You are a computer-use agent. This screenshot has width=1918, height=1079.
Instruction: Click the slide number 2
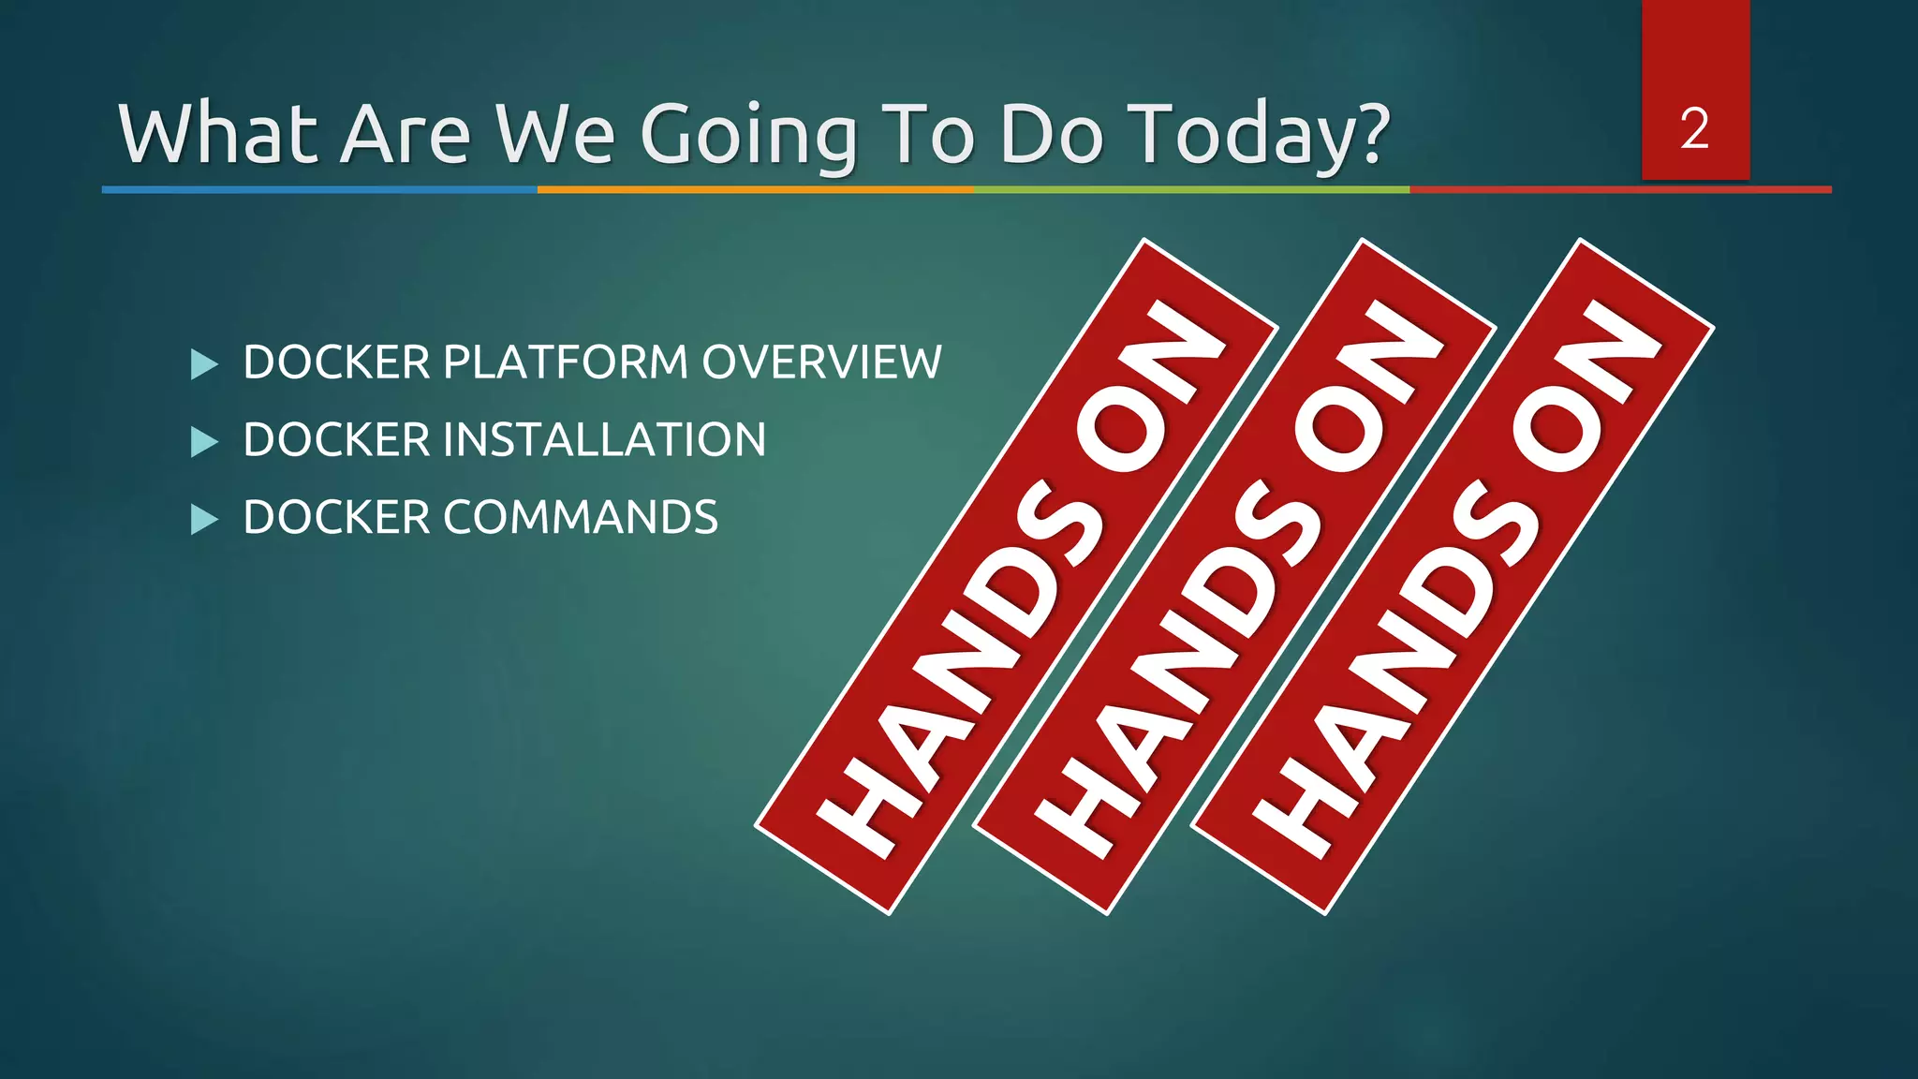[x=1694, y=129]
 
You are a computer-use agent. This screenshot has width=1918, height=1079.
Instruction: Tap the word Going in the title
[x=748, y=136]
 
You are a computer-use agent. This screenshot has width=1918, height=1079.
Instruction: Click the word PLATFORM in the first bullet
[x=566, y=362]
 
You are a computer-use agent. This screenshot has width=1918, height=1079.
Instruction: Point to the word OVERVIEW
[x=821, y=362]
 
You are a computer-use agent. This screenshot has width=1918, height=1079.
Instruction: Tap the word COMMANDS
[x=580, y=518]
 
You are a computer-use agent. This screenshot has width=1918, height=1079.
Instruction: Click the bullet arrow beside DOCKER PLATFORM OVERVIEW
[x=203, y=364]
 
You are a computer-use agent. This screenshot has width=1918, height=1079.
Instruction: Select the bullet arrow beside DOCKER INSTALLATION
[x=203, y=441]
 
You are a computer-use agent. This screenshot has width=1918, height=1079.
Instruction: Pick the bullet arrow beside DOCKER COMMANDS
[x=203, y=519]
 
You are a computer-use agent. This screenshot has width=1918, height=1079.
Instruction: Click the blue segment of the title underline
[x=318, y=189]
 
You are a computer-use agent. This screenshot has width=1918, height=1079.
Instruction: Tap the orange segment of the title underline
[x=755, y=189]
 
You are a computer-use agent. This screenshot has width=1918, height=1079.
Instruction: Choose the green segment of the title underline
[x=1191, y=189]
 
